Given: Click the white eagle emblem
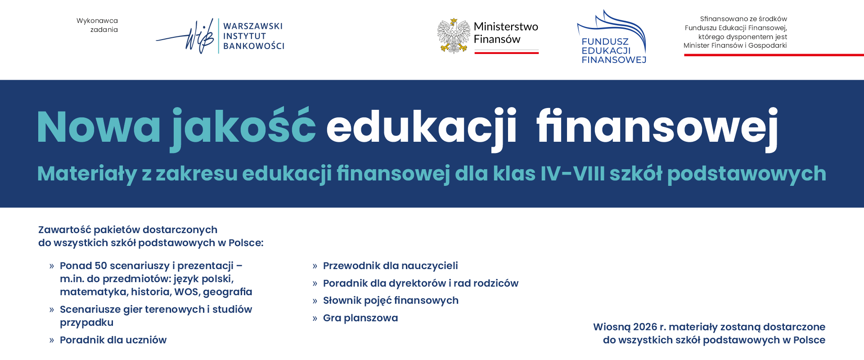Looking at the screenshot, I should (454, 36).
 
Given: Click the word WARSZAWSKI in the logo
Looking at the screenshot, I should (253, 26).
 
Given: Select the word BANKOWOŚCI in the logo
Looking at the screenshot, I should (254, 46).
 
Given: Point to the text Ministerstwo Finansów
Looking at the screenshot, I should (506, 33).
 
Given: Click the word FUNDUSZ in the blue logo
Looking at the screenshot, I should (605, 42).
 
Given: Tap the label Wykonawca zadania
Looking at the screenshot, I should (97, 25).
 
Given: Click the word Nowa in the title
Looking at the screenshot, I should (99, 127).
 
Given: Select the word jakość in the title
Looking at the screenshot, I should (243, 127).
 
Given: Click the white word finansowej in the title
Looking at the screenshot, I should (657, 127).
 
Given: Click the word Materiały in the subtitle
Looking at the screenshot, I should (87, 174).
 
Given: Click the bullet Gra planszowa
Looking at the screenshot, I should (360, 318).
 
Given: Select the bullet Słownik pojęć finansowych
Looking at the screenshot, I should (391, 301).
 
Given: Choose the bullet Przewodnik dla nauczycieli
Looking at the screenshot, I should (390, 266).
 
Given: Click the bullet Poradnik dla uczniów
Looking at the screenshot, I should (113, 340).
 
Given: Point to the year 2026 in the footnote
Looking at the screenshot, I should (645, 327).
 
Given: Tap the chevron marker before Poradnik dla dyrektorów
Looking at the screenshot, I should (315, 283).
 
